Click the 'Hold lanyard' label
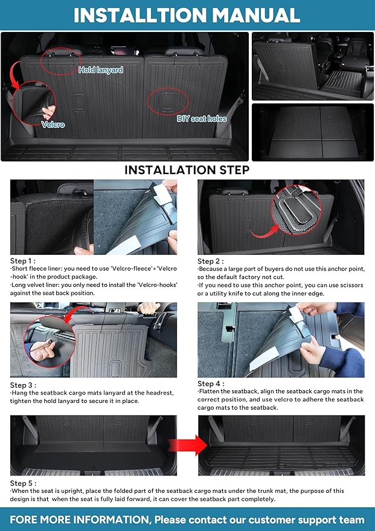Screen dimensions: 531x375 101,70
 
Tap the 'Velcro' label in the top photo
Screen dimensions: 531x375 53,125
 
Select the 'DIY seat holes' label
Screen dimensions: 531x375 202,119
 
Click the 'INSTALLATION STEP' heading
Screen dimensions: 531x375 187,170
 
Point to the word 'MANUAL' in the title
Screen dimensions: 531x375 253,15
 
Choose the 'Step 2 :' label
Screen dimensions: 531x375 210,261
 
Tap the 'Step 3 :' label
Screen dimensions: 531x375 24,385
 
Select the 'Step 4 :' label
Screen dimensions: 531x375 211,384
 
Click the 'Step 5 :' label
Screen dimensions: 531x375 24,483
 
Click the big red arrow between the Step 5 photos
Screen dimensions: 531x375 187,446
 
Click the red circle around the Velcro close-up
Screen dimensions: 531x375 32,105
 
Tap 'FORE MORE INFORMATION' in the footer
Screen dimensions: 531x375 79,520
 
